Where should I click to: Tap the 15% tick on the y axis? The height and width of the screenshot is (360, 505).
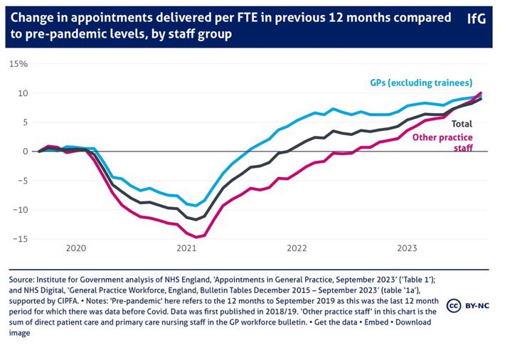pyautogui.click(x=18, y=64)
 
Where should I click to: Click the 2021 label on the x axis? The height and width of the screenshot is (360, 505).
pyautogui.click(x=186, y=248)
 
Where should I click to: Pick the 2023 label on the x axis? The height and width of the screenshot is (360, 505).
pyautogui.click(x=407, y=248)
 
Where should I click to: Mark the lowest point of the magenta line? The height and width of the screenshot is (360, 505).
pyautogui.click(x=197, y=237)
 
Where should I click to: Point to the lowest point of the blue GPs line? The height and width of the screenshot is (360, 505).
pyautogui.click(x=196, y=206)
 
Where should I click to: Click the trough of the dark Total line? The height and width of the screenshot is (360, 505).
pyautogui.click(x=196, y=219)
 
